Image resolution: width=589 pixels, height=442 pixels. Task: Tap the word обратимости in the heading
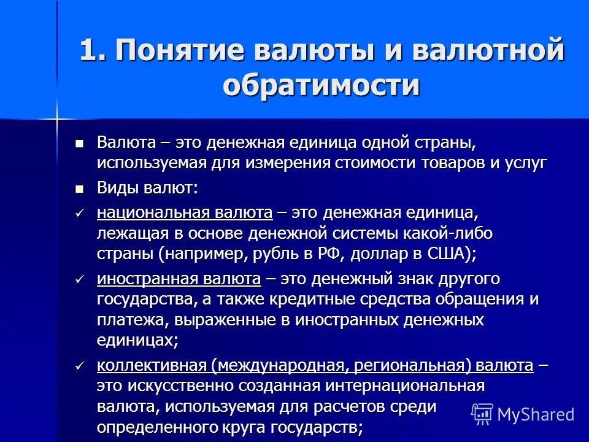pyautogui.click(x=321, y=84)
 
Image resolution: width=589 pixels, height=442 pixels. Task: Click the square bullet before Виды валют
pyautogui.click(x=79, y=188)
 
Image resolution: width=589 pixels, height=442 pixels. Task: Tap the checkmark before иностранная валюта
pyautogui.click(x=79, y=280)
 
